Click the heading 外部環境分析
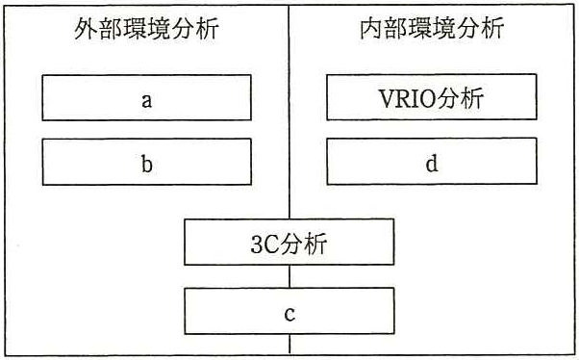146,29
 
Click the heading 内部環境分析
432,28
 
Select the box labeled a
146,97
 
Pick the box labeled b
146,162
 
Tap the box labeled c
289,311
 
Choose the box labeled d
432,161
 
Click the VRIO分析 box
432,97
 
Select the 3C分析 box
289,243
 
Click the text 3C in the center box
264,244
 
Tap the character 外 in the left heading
86,29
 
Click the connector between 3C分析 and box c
289,276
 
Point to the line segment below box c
289,344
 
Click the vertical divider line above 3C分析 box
289,112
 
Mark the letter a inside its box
146,100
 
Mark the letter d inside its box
432,163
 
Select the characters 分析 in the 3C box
302,244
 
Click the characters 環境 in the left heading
146,29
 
